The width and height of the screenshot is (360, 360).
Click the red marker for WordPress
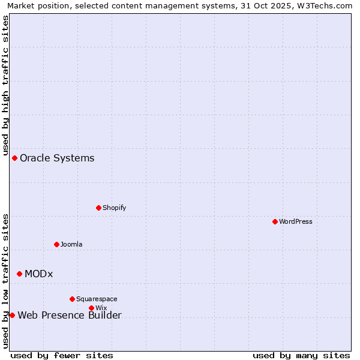click(275, 221)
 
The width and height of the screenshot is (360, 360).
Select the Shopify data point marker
click(98, 208)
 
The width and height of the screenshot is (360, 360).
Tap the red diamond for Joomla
click(56, 244)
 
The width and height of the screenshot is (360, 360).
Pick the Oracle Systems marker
click(14, 158)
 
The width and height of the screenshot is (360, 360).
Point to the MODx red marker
click(19, 274)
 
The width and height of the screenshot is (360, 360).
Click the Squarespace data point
click(72, 299)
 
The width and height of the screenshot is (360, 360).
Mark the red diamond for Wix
click(91, 308)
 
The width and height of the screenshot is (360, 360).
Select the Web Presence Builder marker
click(12, 315)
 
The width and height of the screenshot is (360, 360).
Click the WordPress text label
click(296, 221)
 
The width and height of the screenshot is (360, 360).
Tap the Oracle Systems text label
click(57, 158)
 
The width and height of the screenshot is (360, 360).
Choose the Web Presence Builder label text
click(70, 316)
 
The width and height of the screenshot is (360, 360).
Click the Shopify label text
click(114, 208)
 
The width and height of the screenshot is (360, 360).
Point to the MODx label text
click(38, 274)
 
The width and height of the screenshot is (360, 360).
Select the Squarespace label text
click(97, 299)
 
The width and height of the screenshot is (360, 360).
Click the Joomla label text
click(71, 244)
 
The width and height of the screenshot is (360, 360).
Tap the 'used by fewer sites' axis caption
click(62, 355)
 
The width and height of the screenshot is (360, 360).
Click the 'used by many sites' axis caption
click(301, 355)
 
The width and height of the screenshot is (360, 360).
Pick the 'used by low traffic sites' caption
click(6, 281)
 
